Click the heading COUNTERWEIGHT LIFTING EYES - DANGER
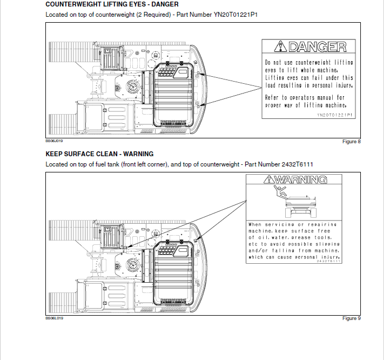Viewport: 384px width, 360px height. [112, 4]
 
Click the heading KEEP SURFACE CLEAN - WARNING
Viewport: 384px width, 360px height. [99, 154]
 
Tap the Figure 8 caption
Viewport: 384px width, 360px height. [351, 142]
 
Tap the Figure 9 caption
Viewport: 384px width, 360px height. [351, 318]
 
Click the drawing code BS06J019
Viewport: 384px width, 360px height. [54, 141]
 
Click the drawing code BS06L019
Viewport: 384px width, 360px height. [54, 318]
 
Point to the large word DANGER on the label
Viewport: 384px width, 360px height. [317, 47]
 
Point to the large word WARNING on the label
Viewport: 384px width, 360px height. [303, 179]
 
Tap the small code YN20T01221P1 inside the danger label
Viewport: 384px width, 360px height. [334, 115]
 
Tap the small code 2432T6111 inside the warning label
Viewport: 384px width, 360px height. [329, 262]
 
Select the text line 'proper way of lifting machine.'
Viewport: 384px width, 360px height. [306, 105]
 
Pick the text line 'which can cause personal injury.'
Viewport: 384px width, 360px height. [294, 257]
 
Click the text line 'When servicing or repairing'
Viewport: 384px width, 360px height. [292, 224]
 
